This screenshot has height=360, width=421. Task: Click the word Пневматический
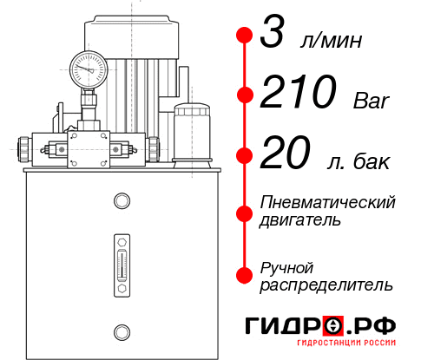[x=328, y=202]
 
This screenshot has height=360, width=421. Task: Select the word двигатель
[x=300, y=220]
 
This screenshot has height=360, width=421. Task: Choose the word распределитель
[x=326, y=285]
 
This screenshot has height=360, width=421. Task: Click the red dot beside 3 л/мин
[x=244, y=36]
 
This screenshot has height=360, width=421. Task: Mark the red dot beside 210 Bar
[x=244, y=95]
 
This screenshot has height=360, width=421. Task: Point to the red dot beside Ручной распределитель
[x=244, y=275]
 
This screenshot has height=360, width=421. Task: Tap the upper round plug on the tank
[x=122, y=202]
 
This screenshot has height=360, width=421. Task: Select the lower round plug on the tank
[x=122, y=330]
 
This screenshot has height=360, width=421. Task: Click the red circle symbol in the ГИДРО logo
[x=332, y=325]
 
